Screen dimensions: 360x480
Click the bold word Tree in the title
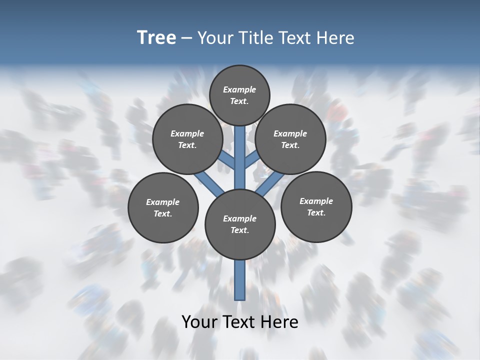point(156,37)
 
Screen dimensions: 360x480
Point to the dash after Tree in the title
point(186,38)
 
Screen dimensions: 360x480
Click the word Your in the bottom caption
point(199,322)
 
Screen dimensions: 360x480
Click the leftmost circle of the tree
point(163,207)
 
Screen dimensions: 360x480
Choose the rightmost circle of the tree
point(316,206)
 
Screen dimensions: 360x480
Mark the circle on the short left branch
point(187,139)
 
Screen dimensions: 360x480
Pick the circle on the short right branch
point(290,139)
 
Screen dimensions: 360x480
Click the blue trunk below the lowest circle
point(240,280)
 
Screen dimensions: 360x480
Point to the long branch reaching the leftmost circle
point(209,182)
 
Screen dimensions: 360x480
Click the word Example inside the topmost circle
point(239,90)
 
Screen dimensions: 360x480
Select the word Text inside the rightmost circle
point(316,213)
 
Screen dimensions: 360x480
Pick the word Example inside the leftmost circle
point(162,202)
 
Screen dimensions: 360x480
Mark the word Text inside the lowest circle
point(240,230)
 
